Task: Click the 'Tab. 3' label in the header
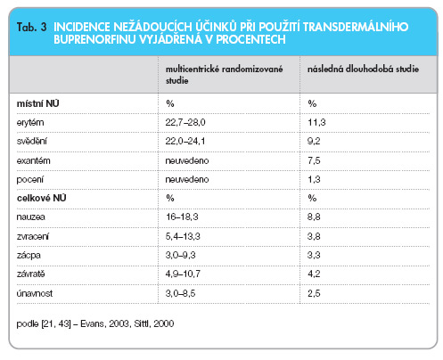tap(32, 27)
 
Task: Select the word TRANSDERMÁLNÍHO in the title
tap(356, 27)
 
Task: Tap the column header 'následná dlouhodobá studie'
tap(363, 69)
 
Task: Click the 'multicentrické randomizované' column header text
tap(224, 69)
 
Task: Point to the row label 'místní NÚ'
tap(37, 103)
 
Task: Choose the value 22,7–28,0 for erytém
tap(185, 122)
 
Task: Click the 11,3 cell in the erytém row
tap(316, 122)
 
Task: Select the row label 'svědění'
tap(31, 141)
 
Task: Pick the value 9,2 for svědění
tap(314, 141)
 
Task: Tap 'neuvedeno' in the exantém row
tap(187, 160)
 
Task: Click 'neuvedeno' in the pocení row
tap(187, 179)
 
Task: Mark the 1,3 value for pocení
tap(314, 179)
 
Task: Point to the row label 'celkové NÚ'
tap(41, 198)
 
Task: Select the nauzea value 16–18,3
tap(182, 217)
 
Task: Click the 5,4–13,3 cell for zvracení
tap(183, 236)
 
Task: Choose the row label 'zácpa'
tap(29, 255)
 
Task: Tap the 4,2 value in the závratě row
tap(314, 274)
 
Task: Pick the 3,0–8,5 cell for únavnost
tap(180, 293)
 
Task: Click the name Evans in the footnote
tap(92, 323)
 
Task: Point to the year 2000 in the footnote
tap(164, 323)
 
